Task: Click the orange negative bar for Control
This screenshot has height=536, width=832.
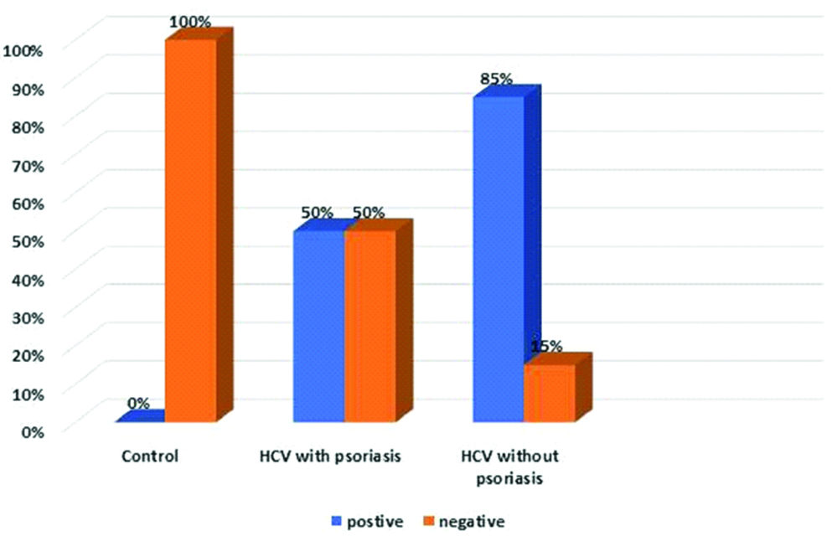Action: (190, 230)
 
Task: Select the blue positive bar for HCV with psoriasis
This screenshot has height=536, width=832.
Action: (318, 327)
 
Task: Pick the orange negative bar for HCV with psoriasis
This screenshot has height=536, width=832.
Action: (369, 327)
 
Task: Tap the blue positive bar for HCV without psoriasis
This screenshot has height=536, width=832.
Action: (499, 260)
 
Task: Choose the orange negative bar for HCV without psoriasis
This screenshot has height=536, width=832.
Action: (550, 393)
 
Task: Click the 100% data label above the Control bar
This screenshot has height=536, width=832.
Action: (190, 22)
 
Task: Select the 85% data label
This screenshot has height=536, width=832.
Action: (496, 80)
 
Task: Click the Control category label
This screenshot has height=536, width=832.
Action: (151, 457)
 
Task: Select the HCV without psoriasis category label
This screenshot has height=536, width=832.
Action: (509, 468)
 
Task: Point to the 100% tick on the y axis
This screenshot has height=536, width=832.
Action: (23, 50)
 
